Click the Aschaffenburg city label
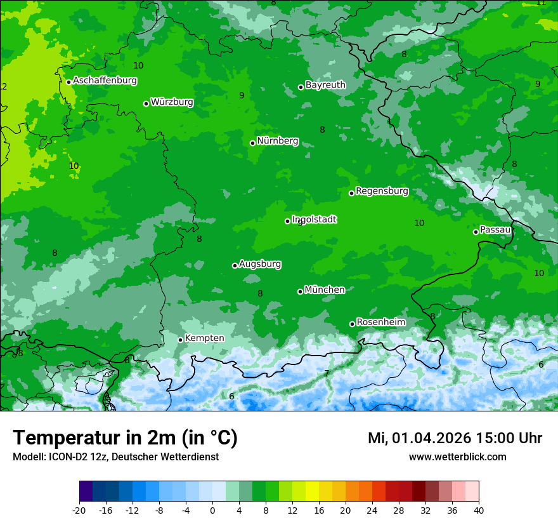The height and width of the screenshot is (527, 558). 105,81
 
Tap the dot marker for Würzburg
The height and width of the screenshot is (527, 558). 146,103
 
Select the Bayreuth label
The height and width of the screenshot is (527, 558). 325,84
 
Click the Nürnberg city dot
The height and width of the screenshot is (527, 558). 252,143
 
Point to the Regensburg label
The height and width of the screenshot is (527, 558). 382,190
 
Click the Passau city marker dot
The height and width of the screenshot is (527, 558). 476,232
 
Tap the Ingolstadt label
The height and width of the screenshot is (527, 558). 314,219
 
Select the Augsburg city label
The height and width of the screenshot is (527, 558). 260,263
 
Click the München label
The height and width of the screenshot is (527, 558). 325,290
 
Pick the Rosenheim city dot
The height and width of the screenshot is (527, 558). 352,324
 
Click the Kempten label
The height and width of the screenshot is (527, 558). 204,338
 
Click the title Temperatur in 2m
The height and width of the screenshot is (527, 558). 125,438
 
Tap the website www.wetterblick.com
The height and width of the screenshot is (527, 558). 457,457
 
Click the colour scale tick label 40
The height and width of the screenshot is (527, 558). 479,510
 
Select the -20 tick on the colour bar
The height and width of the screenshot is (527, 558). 79,510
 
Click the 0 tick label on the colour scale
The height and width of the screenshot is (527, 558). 212,510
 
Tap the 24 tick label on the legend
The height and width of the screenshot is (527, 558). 372,510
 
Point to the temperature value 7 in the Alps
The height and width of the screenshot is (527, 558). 327,373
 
